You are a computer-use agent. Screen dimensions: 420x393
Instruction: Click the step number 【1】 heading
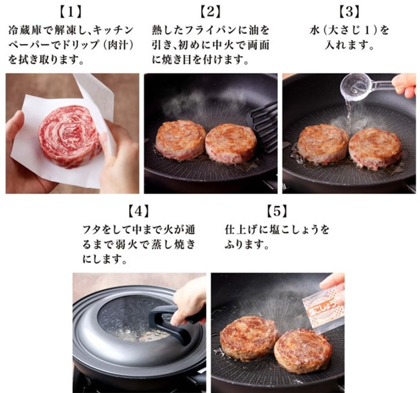coord(70,12)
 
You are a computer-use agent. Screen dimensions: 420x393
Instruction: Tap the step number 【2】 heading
coord(211,12)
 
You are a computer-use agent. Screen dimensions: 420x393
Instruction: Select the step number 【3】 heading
coord(349,12)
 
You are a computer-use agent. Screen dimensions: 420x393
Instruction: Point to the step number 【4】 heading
coord(139,211)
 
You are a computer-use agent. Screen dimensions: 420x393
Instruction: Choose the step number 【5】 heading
coord(277,211)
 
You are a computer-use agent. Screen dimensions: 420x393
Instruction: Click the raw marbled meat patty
coord(70,136)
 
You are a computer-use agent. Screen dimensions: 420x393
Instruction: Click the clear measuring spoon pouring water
coord(367,86)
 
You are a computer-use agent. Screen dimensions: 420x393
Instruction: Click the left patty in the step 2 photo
coord(180,140)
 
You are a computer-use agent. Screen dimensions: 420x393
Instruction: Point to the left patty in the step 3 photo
coord(323,143)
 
